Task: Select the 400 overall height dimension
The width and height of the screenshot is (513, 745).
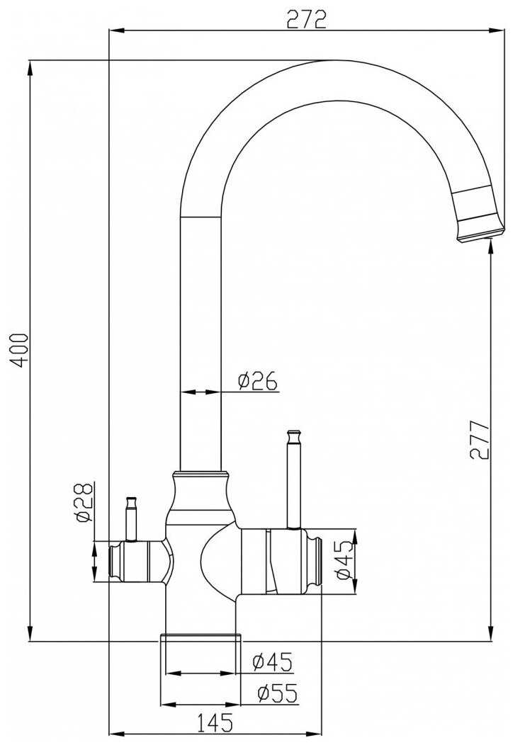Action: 21,349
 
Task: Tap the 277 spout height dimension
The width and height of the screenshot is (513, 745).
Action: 480,440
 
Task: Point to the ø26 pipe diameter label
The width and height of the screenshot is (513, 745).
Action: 257,382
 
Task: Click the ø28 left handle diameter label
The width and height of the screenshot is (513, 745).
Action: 84,502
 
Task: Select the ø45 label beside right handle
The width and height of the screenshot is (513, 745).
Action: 344,559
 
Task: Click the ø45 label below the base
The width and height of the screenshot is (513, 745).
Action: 273,662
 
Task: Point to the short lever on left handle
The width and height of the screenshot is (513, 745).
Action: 131,518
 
